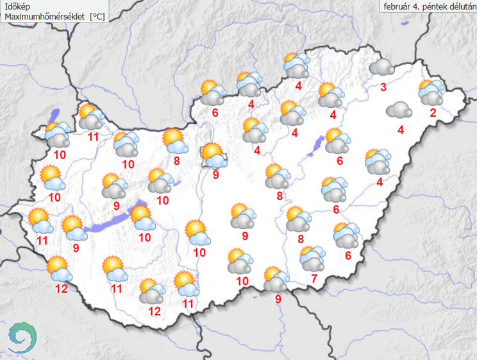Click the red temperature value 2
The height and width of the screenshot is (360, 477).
point(433,114)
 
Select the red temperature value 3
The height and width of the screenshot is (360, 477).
point(383,88)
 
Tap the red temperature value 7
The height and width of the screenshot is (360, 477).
point(314,278)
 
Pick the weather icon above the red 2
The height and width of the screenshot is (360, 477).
point(431,93)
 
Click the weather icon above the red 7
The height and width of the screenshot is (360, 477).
point(312,258)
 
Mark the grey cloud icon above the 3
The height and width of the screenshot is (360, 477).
point(381,67)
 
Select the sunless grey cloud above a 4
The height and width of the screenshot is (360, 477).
point(399,110)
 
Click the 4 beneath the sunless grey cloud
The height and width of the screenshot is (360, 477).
point(401,131)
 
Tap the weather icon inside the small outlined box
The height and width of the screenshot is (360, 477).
point(212,155)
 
